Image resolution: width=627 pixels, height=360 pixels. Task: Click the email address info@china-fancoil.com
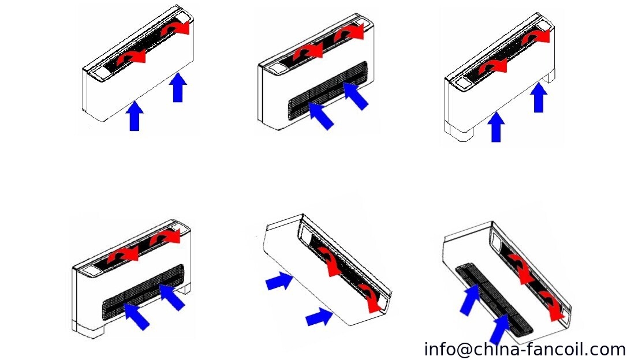coord(525,350)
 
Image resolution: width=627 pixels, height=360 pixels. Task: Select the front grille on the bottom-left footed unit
coord(143,292)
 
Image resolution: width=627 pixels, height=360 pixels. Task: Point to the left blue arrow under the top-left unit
coord(135,116)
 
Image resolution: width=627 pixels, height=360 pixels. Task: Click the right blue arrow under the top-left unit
coord(178,88)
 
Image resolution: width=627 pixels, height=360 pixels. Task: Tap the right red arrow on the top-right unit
coord(536,36)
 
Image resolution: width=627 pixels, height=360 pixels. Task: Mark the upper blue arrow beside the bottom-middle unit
coord(279,281)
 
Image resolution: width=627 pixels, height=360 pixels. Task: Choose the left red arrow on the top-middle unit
coord(308,51)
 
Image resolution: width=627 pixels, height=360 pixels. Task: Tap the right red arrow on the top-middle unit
coord(349,32)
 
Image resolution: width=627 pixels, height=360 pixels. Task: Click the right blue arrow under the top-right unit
coord(539,98)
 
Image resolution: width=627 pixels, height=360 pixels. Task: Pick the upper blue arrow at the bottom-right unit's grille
coord(471,299)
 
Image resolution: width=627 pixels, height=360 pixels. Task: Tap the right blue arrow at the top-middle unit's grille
coord(355,96)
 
